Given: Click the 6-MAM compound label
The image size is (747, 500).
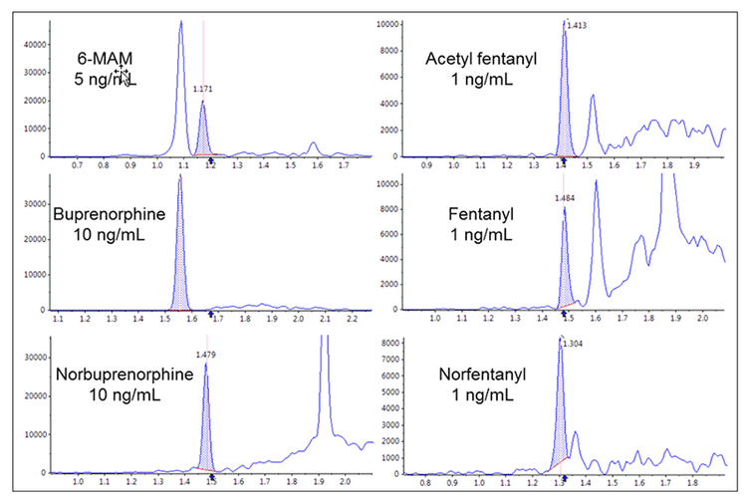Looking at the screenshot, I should (x=104, y=59).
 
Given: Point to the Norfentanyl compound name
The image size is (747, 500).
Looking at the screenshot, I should (x=480, y=375).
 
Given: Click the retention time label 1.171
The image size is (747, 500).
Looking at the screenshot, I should (x=202, y=89).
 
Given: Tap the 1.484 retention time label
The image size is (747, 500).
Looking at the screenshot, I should (x=565, y=198).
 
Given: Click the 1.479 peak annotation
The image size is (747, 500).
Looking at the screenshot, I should (x=205, y=354).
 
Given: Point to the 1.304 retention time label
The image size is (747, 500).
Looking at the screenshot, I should (x=572, y=344).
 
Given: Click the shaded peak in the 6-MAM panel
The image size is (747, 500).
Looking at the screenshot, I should (x=202, y=134).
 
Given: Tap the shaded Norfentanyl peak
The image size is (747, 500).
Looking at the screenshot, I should (x=560, y=418).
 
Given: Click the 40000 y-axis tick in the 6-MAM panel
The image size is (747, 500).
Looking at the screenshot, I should (x=33, y=45).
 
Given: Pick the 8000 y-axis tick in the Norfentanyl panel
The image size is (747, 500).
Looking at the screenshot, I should (x=387, y=343).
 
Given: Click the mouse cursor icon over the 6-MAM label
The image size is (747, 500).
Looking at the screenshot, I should (x=121, y=75).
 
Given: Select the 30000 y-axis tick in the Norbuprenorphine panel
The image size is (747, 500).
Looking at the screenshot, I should (x=33, y=356).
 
